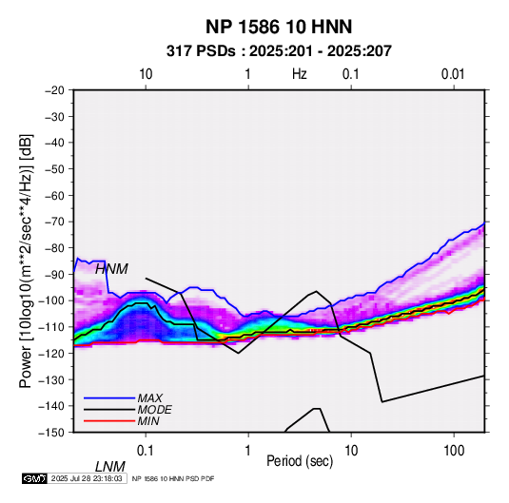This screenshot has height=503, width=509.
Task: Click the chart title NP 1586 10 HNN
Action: [279, 27]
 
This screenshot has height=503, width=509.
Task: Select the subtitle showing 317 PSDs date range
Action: [279, 51]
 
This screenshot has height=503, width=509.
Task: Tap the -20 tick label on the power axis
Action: [54, 90]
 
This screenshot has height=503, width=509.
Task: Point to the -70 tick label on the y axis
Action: [54, 222]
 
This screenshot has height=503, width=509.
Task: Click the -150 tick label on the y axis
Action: [51, 433]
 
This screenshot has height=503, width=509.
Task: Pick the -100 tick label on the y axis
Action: [51, 300]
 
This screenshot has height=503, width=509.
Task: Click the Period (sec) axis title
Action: [300, 461]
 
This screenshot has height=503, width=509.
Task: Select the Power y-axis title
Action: [27, 261]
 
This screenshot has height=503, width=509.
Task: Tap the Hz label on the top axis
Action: [300, 74]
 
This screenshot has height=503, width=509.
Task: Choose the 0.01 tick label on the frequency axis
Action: [453, 74]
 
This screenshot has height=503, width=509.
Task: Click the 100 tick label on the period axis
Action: [454, 451]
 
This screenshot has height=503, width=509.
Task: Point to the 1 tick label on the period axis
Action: [247, 451]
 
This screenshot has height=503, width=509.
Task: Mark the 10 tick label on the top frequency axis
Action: [146, 74]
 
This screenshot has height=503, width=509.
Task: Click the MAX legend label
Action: [150, 398]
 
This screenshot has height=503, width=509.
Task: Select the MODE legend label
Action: [154, 410]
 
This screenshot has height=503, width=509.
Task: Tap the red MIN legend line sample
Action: [109, 421]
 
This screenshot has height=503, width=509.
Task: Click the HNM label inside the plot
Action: [111, 269]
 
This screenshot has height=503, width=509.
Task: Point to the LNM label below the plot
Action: [110, 467]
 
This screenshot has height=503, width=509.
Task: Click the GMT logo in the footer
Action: [35, 478]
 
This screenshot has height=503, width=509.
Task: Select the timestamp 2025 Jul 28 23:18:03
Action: [87, 478]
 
